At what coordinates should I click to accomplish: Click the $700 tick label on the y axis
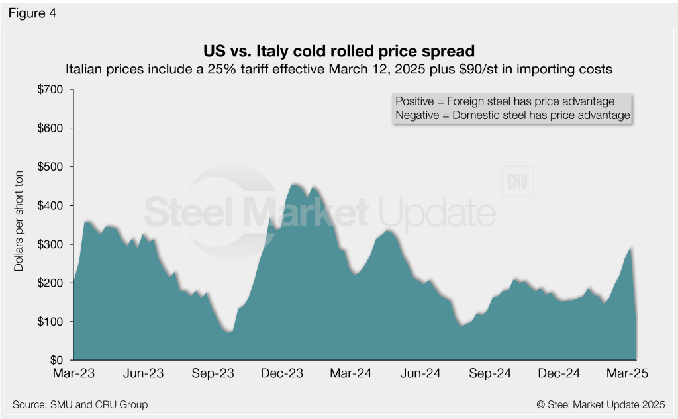[51, 89]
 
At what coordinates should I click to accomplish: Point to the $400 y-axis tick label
[51, 206]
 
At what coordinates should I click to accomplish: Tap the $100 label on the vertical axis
[51, 322]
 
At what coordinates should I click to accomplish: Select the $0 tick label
[58, 361]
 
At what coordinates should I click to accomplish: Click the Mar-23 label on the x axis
[74, 374]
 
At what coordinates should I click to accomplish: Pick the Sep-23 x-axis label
[214, 374]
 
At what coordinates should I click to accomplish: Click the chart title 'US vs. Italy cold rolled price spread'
[338, 50]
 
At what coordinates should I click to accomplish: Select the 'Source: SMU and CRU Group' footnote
[80, 404]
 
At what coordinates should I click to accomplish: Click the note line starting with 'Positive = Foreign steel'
[505, 101]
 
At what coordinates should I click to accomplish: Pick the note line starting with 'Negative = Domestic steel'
[512, 115]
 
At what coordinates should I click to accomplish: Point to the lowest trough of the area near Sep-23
[229, 331]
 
